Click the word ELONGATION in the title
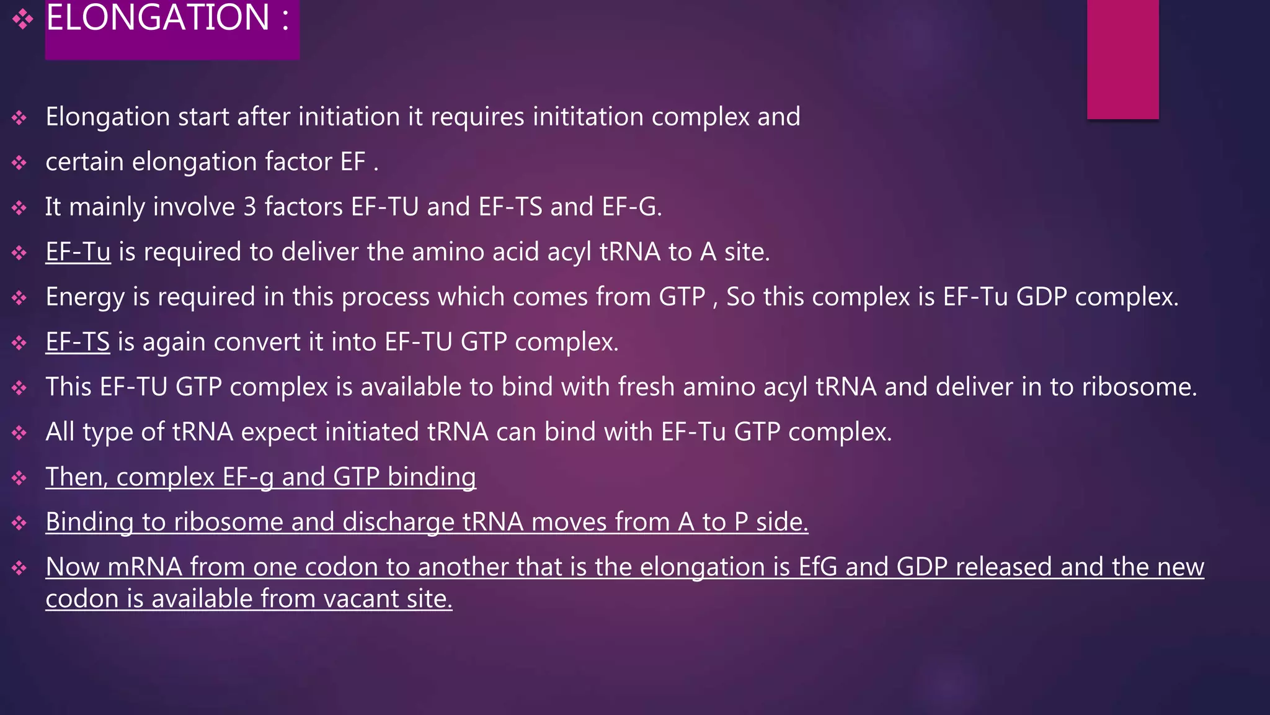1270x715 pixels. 158,17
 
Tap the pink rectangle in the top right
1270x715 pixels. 1122,59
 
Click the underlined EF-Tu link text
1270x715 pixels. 78,252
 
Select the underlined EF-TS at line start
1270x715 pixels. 78,342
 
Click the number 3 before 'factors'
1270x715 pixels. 250,207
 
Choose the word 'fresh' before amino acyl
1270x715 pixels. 646,387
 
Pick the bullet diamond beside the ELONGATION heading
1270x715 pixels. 23,19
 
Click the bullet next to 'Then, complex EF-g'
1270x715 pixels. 19,478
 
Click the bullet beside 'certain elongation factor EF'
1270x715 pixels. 19,163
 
